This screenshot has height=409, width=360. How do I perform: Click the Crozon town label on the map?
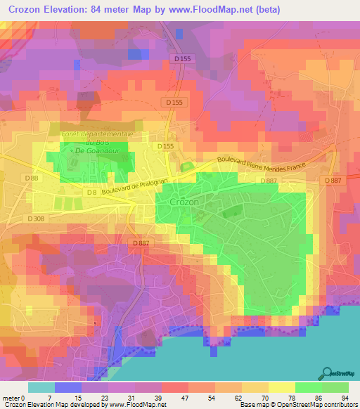click(185, 202)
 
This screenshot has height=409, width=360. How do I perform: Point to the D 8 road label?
click(90, 192)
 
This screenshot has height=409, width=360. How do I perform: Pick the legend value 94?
click(345, 397)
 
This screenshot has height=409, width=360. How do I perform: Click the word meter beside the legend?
click(11, 397)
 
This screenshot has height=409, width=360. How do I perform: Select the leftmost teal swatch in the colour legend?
click(41, 387)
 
